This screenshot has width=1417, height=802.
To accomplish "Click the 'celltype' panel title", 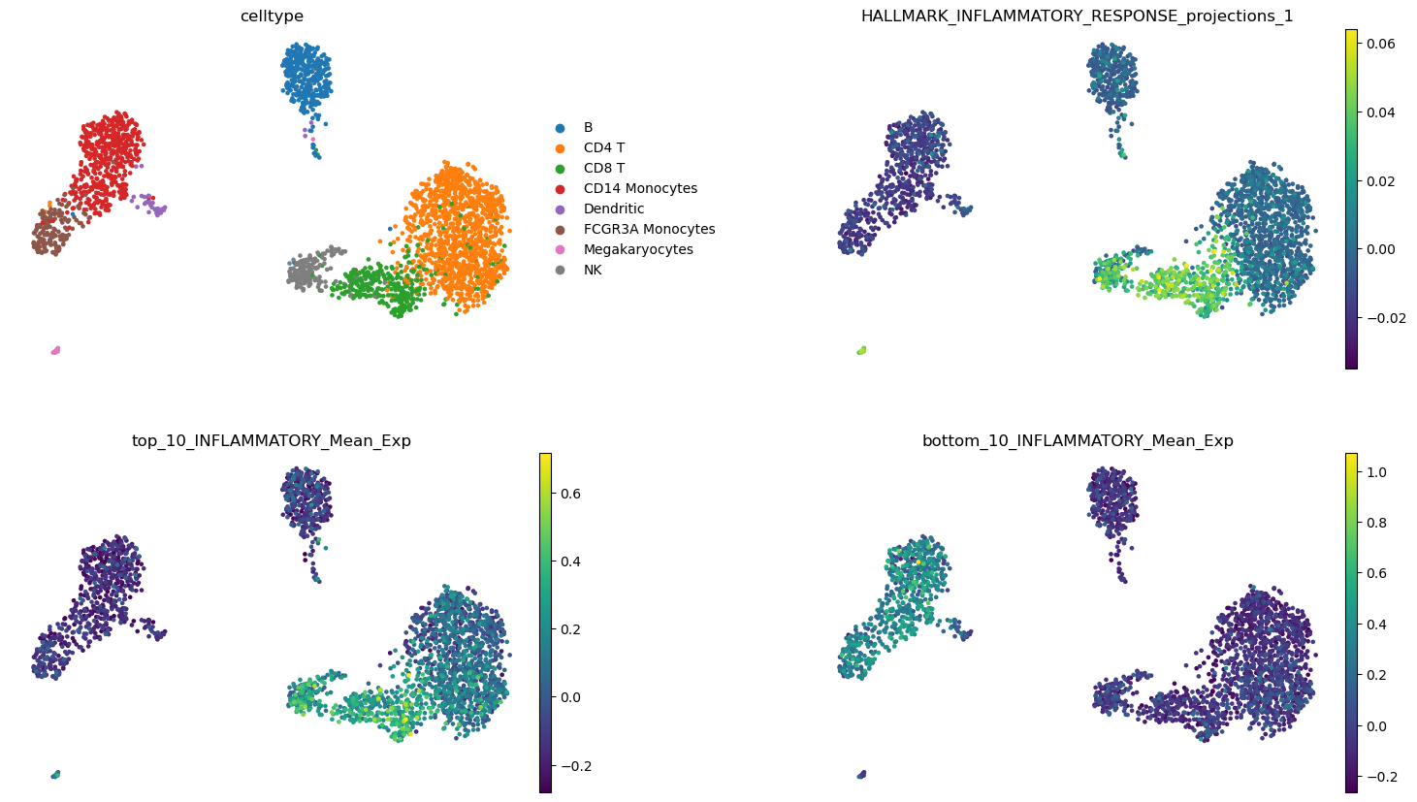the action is [x=272, y=16].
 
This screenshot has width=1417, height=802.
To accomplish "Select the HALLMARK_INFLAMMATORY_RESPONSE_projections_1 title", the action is [x=1078, y=16].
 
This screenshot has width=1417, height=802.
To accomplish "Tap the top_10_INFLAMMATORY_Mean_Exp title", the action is [x=272, y=441].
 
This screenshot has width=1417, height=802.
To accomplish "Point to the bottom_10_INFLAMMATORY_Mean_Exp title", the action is [x=1078, y=441].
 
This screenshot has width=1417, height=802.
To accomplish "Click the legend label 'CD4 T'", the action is [x=604, y=148].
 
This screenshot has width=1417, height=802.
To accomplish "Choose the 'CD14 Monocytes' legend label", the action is [x=640, y=188].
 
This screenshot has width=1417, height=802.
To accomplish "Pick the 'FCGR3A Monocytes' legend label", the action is [x=649, y=229].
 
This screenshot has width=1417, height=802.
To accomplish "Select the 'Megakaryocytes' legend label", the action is [x=638, y=250].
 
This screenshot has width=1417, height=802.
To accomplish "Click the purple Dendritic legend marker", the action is [x=560, y=209].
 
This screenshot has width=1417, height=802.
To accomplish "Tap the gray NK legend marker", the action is [x=560, y=270].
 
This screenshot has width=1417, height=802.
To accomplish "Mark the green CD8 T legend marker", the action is [x=560, y=169].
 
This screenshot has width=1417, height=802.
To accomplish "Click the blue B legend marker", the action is [x=560, y=128].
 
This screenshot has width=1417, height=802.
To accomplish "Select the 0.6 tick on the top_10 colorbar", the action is [x=570, y=494].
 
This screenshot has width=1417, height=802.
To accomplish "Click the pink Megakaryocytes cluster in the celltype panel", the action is [x=55, y=350].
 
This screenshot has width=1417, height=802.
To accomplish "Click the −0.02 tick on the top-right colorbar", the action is [x=1384, y=318].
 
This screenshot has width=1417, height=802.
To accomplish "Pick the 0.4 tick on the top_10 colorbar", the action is [x=570, y=561].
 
